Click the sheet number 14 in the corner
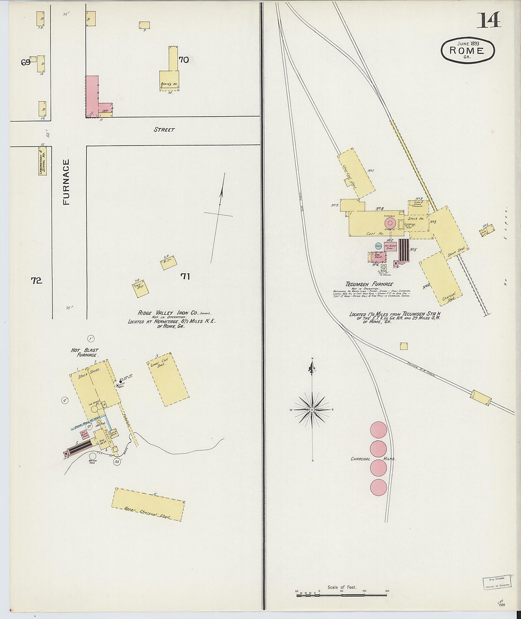pyautogui.click(x=488, y=20)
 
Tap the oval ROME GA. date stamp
pyautogui.click(x=467, y=50)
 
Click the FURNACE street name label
pyautogui.click(x=66, y=182)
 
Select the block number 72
pyautogui.click(x=36, y=280)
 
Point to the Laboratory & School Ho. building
pyautogui.click(x=43, y=160)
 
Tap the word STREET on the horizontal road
pyautogui.click(x=164, y=129)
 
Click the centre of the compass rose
pyautogui.click(x=312, y=408)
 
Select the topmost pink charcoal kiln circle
pyautogui.click(x=378, y=430)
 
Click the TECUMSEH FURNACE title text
pyautogui.click(x=369, y=284)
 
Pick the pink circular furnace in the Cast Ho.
pyautogui.click(x=390, y=222)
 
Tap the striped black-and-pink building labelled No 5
pyautogui.click(x=404, y=250)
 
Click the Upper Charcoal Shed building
pyautogui.click(x=148, y=505)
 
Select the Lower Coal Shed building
pyautogui.click(x=168, y=379)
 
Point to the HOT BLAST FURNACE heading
pyautogui.click(x=85, y=352)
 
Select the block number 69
pyautogui.click(x=26, y=62)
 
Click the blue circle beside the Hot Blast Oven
pyautogui.click(x=378, y=246)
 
